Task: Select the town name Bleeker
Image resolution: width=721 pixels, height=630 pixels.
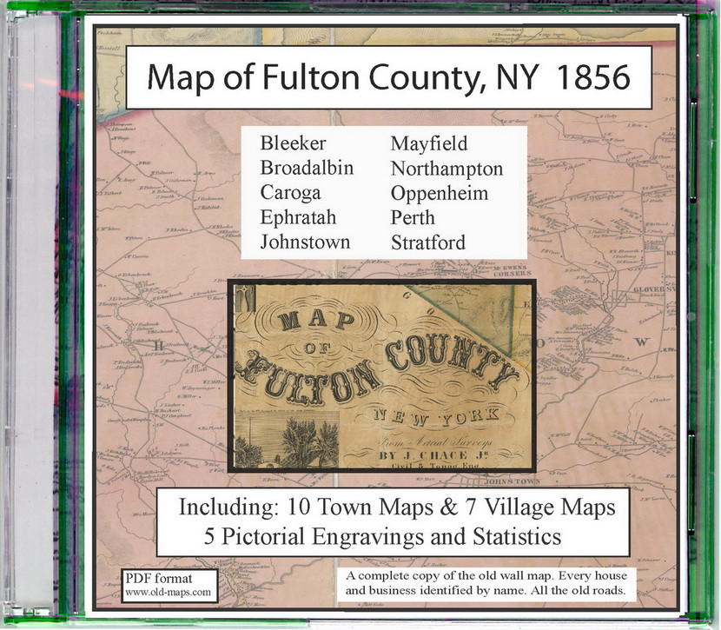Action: (x=292, y=144)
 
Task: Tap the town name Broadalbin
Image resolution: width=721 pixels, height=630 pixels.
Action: (x=307, y=168)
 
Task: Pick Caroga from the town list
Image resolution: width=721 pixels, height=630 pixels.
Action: (x=290, y=193)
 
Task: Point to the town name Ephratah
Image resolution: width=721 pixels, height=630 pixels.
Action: (x=298, y=217)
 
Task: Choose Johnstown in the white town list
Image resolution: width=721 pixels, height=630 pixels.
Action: (x=305, y=242)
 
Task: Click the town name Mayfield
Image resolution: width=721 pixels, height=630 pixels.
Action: (x=428, y=144)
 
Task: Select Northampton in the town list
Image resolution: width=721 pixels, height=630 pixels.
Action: (x=446, y=168)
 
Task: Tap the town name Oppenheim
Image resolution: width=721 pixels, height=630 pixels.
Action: (x=440, y=193)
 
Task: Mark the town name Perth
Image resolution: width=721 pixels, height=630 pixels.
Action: (x=413, y=217)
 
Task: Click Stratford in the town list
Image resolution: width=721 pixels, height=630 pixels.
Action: (x=427, y=242)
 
